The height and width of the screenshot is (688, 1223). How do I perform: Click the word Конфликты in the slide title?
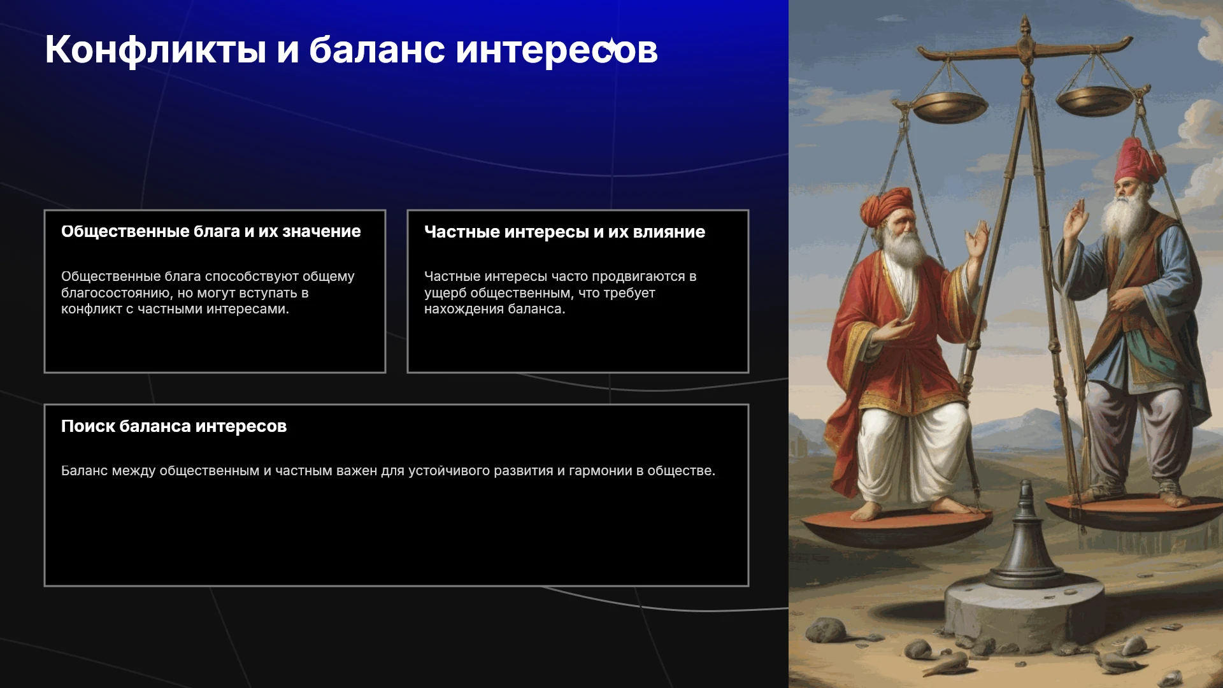point(155,50)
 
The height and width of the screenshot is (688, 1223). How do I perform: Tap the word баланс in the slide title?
point(377,50)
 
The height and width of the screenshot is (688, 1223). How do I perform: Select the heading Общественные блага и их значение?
point(211,231)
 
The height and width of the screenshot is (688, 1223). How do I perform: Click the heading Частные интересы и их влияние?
point(564,232)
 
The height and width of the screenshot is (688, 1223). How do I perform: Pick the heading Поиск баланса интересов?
point(174,426)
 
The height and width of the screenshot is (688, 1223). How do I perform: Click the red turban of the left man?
point(887,205)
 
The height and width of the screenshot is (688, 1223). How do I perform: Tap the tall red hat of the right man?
point(1139,161)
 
